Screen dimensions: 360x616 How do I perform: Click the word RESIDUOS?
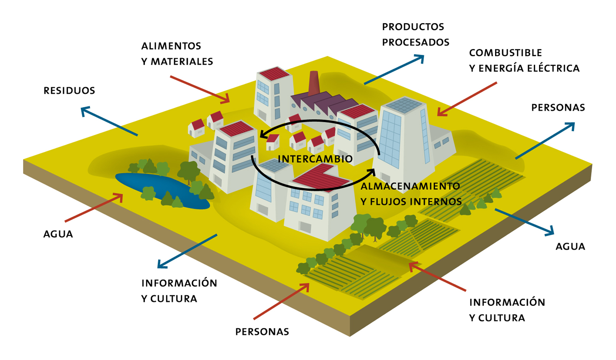pyautogui.click(x=69, y=91)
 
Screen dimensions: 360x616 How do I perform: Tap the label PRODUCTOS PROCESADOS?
pyautogui.click(x=416, y=34)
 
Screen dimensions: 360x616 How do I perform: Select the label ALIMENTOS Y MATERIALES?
pyautogui.click(x=177, y=54)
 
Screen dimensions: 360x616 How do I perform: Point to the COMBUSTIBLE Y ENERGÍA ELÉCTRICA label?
pyautogui.click(x=524, y=60)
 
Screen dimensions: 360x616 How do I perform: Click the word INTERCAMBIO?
pyautogui.click(x=315, y=159)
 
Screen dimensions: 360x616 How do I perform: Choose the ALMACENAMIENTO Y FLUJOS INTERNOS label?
pyautogui.click(x=411, y=194)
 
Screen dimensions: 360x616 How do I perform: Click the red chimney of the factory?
pyautogui.click(x=313, y=83)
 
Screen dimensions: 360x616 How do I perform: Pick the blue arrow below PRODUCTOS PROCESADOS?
pyautogui.click(x=394, y=70)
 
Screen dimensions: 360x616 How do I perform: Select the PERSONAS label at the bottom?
pyautogui.click(x=262, y=332)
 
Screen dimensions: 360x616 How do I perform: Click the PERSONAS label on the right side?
pyautogui.click(x=558, y=108)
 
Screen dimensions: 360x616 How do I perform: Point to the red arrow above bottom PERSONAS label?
pyautogui.click(x=281, y=301)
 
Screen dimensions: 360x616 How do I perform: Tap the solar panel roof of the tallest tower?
pyautogui.click(x=404, y=105)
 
